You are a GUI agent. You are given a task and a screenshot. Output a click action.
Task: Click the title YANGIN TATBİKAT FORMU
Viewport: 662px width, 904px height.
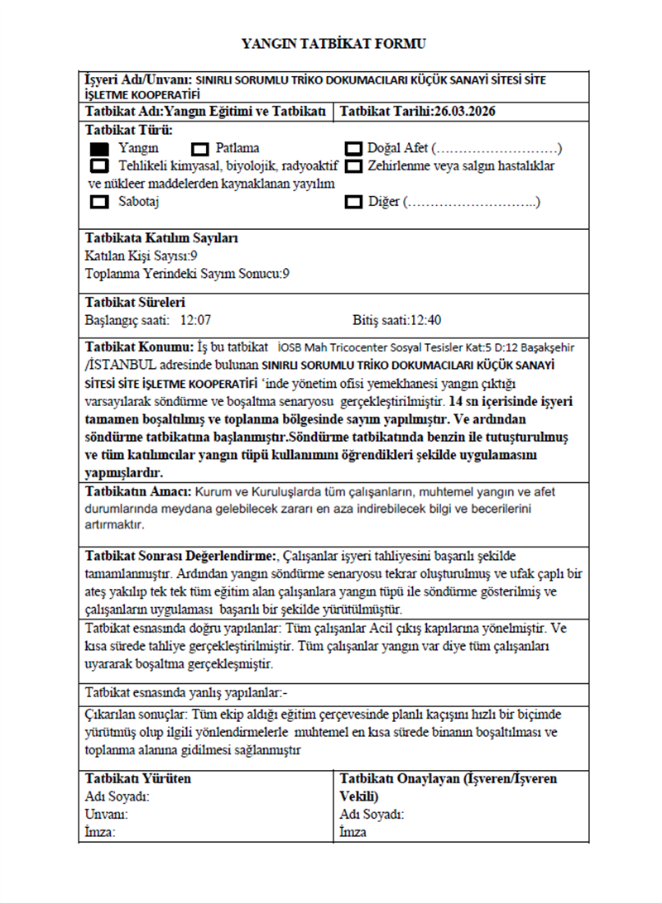[333, 43]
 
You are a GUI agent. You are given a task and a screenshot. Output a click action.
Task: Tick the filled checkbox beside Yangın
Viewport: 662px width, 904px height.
[99, 149]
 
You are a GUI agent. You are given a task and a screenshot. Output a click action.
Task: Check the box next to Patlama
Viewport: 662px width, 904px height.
[199, 149]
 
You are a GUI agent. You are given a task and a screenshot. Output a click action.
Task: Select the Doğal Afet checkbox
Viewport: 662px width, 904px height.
[354, 149]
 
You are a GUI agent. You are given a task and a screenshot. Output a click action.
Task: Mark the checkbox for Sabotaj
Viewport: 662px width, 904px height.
[99, 202]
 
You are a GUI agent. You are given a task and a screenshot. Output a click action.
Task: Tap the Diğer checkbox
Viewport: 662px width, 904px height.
[354, 202]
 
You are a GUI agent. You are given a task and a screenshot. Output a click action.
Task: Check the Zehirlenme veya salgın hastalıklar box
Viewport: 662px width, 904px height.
[354, 166]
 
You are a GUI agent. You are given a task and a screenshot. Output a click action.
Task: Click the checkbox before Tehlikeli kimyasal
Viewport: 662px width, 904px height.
[99, 166]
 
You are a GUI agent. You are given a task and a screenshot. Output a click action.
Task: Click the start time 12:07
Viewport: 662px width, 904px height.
[196, 319]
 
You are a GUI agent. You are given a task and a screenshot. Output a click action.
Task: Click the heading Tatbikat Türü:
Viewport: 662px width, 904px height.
[126, 130]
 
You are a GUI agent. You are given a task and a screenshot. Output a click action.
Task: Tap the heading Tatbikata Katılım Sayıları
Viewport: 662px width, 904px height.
[161, 238]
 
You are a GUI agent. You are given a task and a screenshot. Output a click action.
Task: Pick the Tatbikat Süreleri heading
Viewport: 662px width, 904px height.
[135, 302]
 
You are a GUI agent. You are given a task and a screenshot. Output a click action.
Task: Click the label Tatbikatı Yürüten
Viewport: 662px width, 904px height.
[138, 778]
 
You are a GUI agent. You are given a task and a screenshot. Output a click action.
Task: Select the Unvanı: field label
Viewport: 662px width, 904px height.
[107, 815]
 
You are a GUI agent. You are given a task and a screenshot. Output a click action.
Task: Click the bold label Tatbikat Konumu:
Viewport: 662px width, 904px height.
[140, 346]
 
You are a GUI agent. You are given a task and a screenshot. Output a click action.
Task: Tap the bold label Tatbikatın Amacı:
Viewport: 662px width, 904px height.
[139, 491]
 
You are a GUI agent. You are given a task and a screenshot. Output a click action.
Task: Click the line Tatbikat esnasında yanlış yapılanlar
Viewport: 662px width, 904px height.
[186, 691]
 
